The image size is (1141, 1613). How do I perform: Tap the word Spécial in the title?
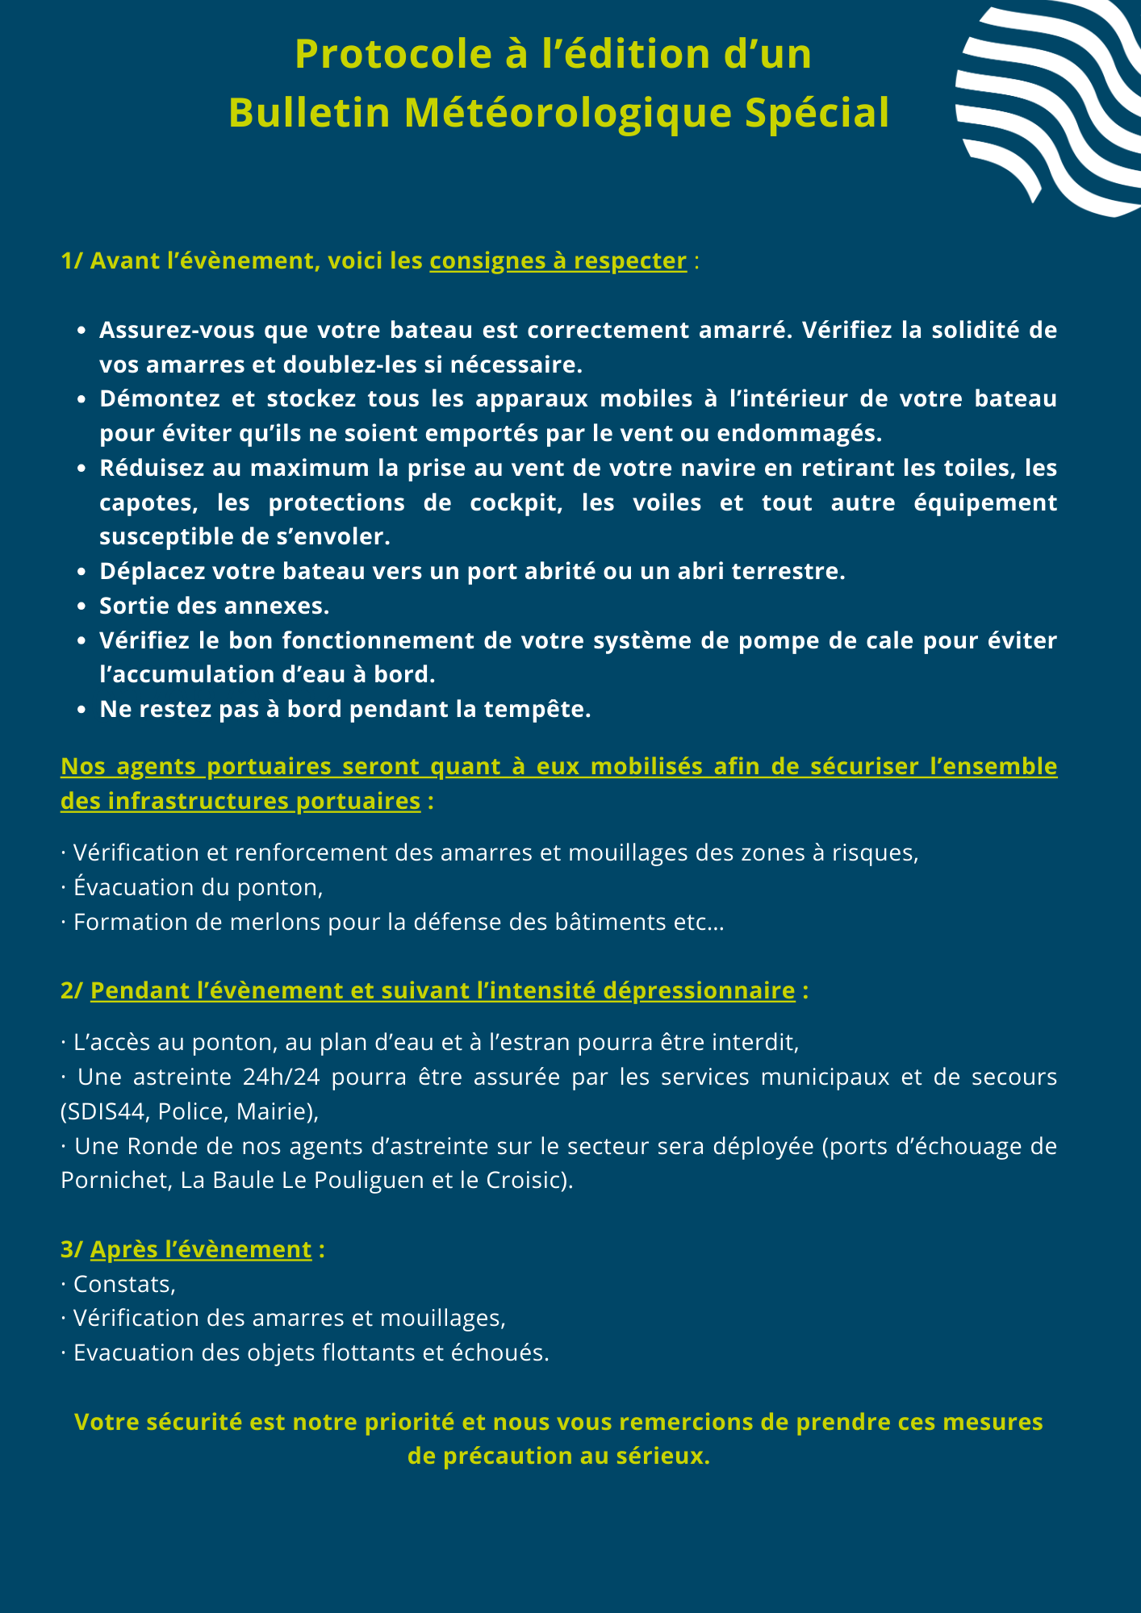817,113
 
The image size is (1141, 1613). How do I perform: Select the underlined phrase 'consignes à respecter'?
558,261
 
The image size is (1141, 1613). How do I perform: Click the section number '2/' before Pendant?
72,990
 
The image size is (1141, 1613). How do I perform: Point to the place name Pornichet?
112,1180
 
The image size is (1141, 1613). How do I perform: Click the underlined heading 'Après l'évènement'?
201,1249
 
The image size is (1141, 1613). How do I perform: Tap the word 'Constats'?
121,1284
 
